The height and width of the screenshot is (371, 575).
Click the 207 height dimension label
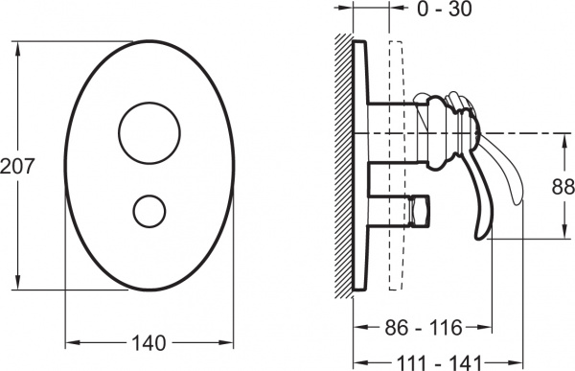17,166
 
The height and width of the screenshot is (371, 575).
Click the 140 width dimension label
149,343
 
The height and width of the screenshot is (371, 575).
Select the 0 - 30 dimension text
445,9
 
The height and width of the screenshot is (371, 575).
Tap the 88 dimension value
563,186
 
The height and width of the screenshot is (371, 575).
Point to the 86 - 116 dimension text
424,327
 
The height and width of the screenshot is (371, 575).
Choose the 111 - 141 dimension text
439,364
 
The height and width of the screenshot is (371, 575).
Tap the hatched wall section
343,166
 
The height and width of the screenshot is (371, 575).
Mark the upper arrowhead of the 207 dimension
17,48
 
